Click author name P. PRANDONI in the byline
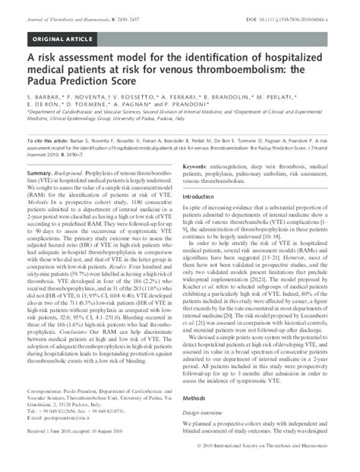click(x=203, y=108)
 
